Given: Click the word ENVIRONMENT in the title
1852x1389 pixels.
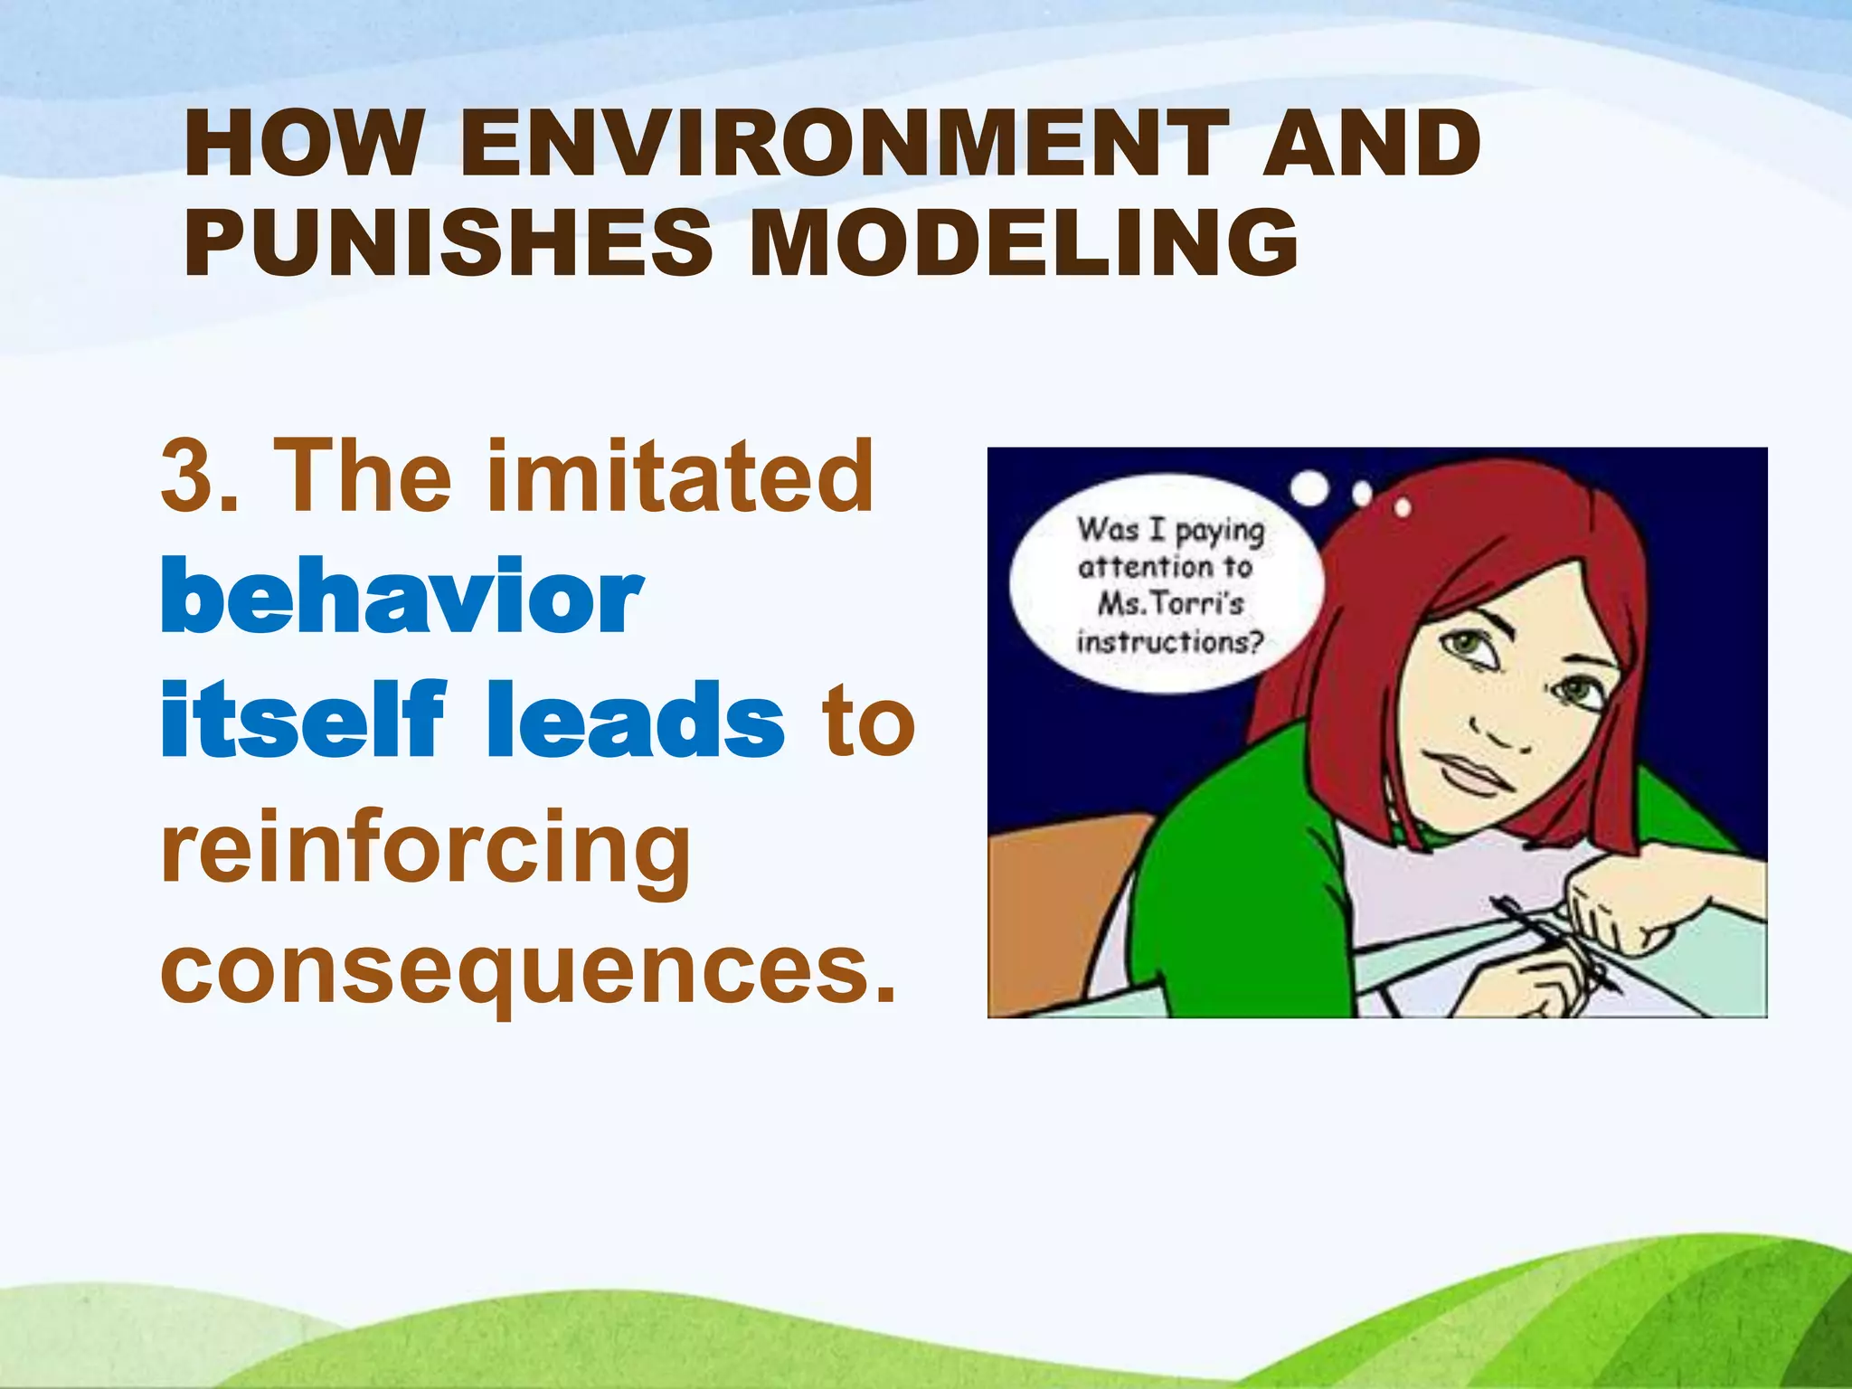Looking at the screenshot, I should tap(845, 145).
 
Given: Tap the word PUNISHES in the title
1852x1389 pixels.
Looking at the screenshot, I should tap(449, 242).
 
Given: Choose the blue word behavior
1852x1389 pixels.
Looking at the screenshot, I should tap(402, 597).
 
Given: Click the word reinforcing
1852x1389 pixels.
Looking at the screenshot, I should tap(425, 850).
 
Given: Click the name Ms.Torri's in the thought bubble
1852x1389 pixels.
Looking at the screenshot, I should tap(1170, 603).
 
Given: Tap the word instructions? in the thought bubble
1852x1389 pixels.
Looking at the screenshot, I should tap(1168, 642).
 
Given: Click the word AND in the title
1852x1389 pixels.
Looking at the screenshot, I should tap(1371, 145).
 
